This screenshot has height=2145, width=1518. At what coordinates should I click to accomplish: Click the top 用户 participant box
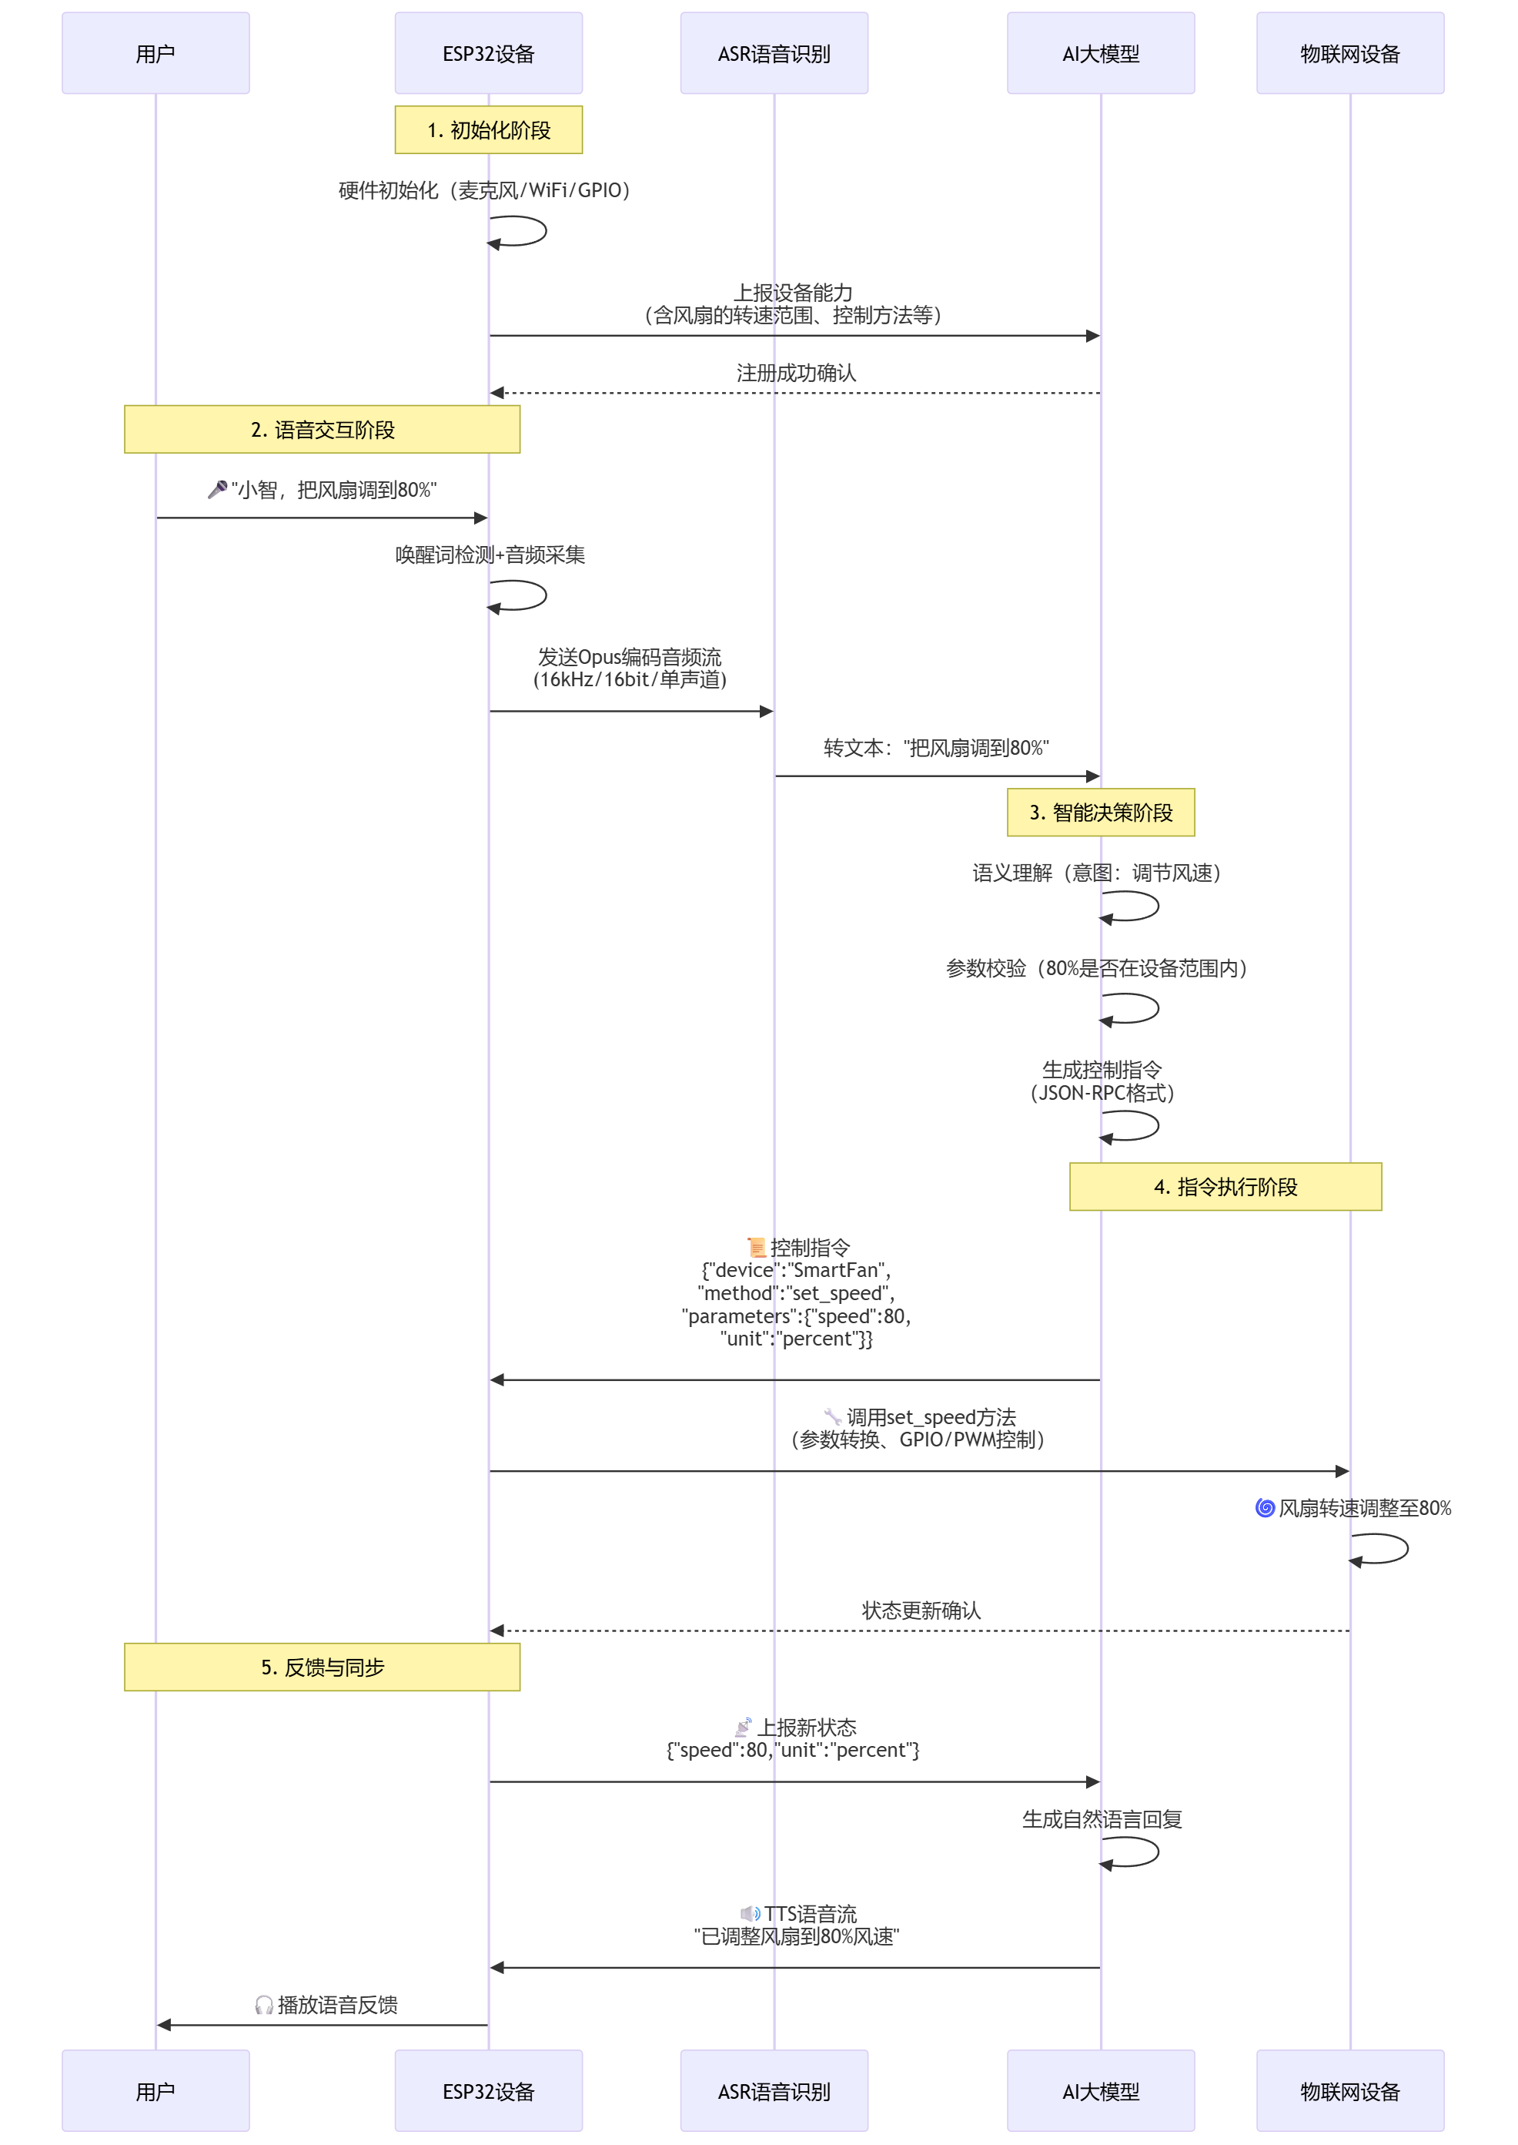click(x=155, y=53)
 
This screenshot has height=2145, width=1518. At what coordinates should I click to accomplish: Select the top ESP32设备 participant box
click(x=488, y=53)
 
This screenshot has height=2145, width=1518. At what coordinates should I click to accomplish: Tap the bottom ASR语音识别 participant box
click(x=773, y=2091)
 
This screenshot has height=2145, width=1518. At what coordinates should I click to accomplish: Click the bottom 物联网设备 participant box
click(x=1349, y=2091)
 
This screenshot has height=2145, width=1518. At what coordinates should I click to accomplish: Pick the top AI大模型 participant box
click(x=1100, y=53)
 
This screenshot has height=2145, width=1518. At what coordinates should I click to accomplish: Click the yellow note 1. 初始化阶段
click(x=488, y=130)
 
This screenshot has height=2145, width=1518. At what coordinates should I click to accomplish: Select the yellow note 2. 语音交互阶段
click(x=322, y=429)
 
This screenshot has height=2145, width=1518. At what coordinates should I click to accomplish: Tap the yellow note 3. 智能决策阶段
click(x=1100, y=812)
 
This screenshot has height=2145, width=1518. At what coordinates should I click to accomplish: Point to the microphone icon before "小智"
click(x=217, y=489)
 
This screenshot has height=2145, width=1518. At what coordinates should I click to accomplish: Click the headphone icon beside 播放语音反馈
click(x=263, y=2005)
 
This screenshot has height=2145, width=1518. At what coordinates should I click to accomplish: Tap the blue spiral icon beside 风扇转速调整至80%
click(x=1264, y=1507)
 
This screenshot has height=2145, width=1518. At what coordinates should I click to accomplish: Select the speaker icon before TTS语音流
click(x=750, y=1913)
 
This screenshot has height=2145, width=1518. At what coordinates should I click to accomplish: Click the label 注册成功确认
click(x=795, y=373)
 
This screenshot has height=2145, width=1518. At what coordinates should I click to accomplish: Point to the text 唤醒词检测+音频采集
click(x=490, y=555)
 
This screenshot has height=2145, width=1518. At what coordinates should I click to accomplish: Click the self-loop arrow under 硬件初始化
click(x=520, y=231)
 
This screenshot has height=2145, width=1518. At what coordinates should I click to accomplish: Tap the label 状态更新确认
click(x=921, y=1610)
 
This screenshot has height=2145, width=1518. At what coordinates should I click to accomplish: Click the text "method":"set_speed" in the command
click(x=795, y=1293)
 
